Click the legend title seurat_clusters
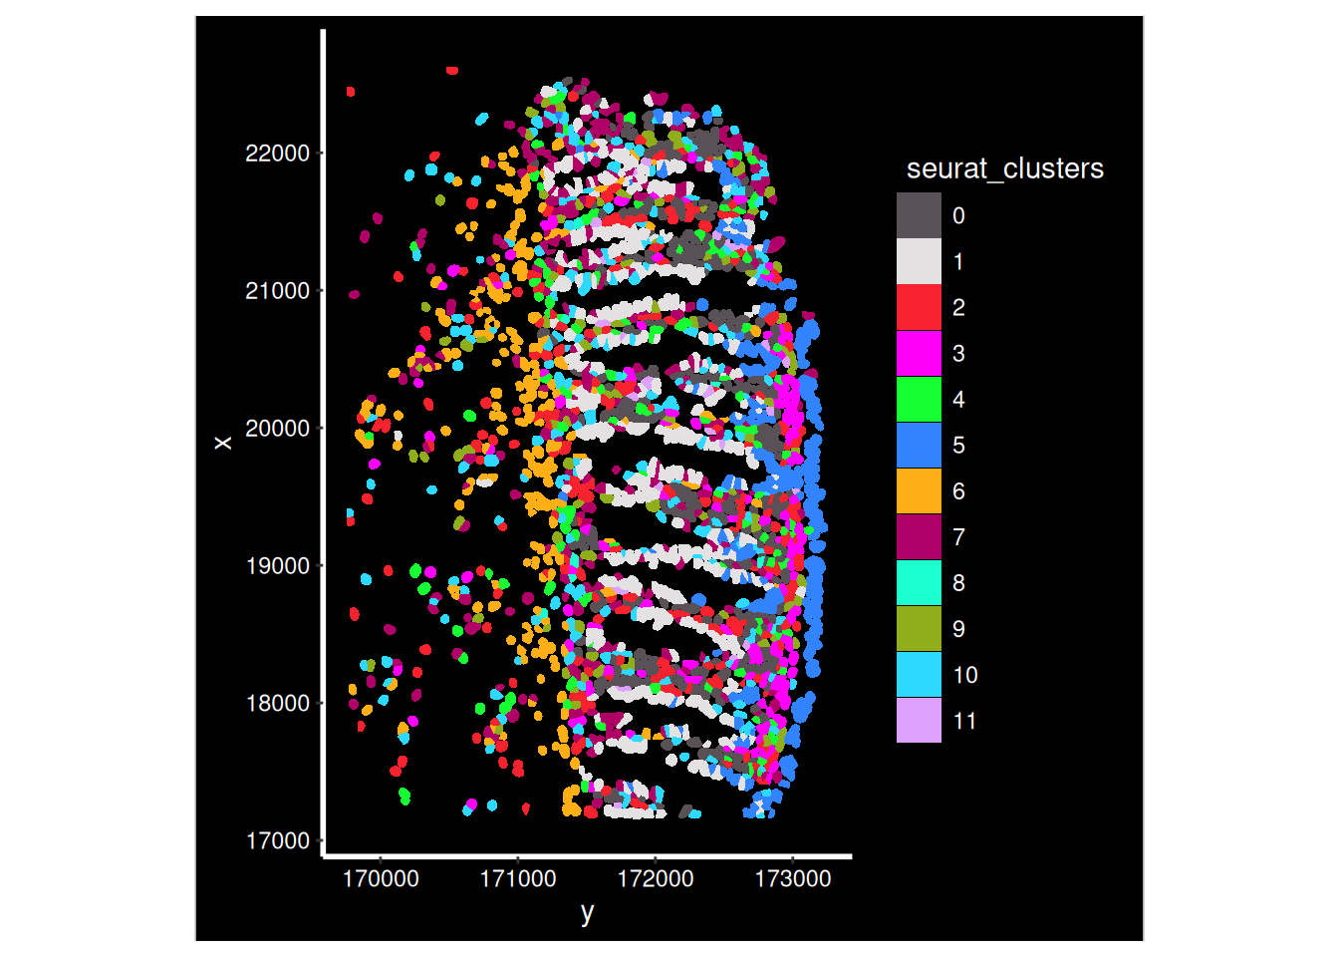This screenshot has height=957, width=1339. click(1004, 168)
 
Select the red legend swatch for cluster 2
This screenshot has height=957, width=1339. click(919, 307)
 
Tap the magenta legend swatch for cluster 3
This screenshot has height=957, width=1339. click(919, 353)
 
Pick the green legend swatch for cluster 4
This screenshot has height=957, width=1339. click(919, 399)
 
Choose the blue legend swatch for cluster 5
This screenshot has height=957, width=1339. click(919, 445)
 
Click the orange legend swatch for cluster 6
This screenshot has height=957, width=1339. click(919, 490)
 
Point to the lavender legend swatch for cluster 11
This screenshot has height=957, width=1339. click(919, 720)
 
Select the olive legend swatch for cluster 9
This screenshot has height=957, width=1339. click(919, 628)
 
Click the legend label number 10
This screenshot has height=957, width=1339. click(965, 675)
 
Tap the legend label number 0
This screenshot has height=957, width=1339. click(958, 215)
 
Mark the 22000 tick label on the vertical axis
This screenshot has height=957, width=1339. click(277, 154)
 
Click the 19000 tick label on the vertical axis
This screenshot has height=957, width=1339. click(277, 566)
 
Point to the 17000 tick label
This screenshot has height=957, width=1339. click(277, 841)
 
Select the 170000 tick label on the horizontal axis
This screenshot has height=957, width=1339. click(381, 879)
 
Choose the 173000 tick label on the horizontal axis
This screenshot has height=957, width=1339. click(793, 879)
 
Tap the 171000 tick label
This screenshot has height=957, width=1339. click(518, 879)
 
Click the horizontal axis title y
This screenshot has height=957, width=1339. click(588, 911)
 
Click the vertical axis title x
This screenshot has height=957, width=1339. click(224, 443)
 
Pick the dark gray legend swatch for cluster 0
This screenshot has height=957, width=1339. click(919, 215)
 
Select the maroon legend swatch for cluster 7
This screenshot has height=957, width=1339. click(919, 536)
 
